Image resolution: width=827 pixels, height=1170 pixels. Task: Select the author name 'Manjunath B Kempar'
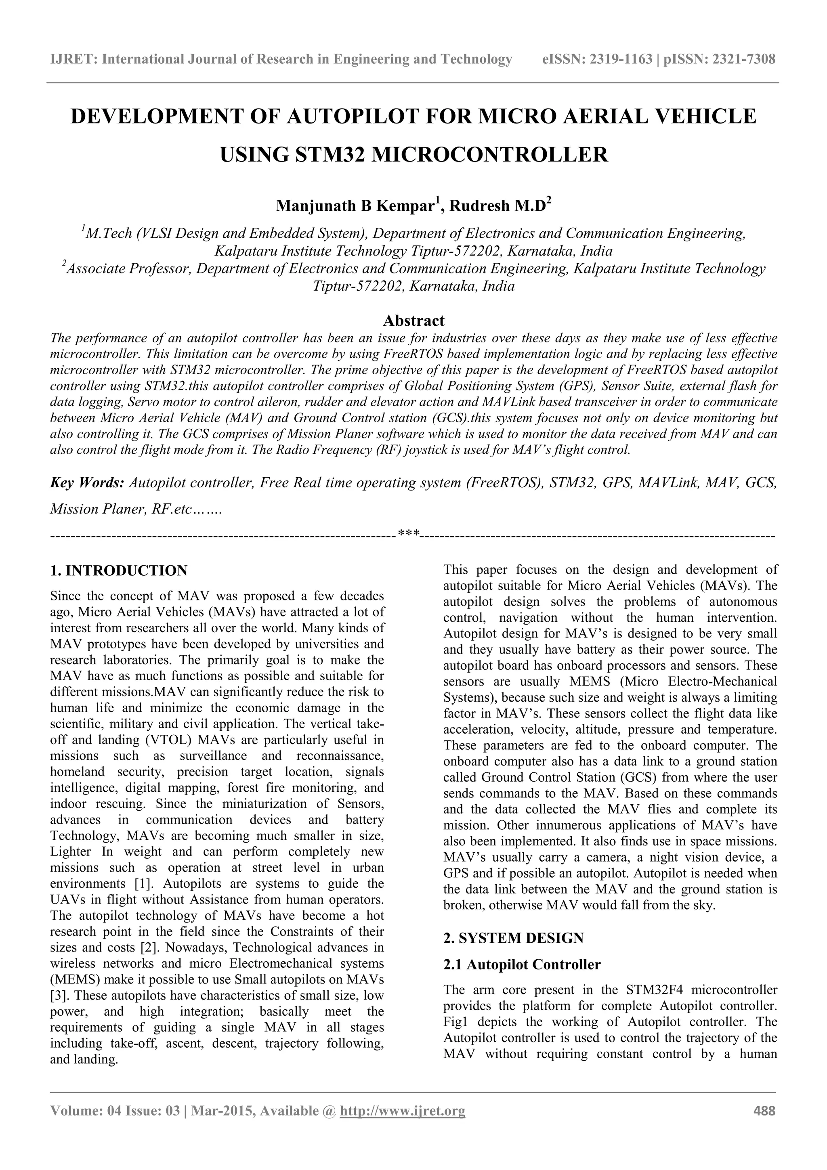point(356,206)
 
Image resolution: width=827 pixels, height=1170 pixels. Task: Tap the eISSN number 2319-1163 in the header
point(621,60)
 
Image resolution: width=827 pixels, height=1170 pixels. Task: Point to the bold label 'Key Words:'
point(87,482)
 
